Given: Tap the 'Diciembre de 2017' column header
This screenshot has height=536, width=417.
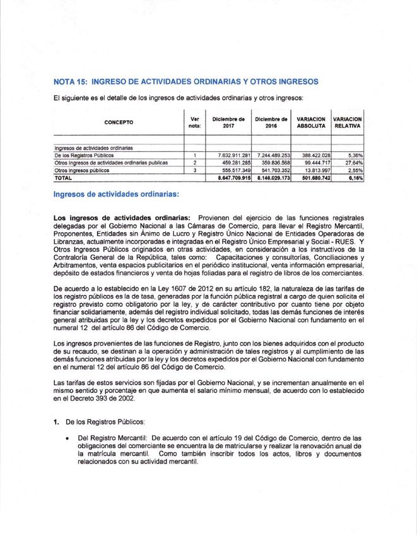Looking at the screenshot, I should [228, 122].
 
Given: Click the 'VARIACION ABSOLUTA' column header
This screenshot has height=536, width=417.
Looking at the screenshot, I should [311, 122].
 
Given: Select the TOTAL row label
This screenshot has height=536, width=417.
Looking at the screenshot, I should [64, 178].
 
